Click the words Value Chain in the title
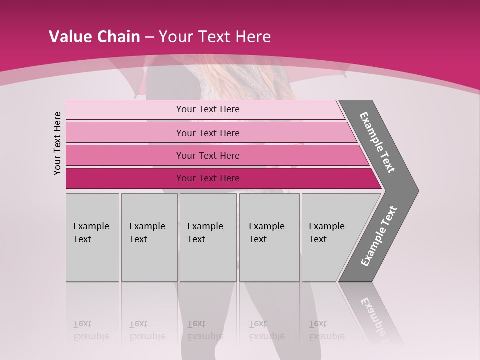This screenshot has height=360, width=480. coord(94,37)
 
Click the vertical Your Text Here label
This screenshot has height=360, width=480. coord(57,143)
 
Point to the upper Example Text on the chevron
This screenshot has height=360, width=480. coord(377,142)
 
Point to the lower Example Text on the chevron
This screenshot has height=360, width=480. coord(379,236)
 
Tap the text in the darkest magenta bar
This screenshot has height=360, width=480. coord(208,178)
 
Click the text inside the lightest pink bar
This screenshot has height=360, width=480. coord(208,109)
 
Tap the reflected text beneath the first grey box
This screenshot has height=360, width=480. coord(91,330)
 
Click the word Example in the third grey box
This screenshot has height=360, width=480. coord(205,226)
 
